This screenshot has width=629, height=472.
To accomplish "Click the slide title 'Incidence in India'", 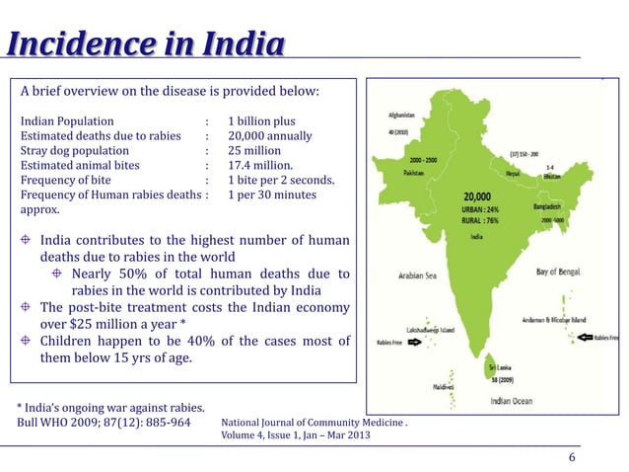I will [x=146, y=46].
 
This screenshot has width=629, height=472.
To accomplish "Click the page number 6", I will [x=572, y=458].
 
